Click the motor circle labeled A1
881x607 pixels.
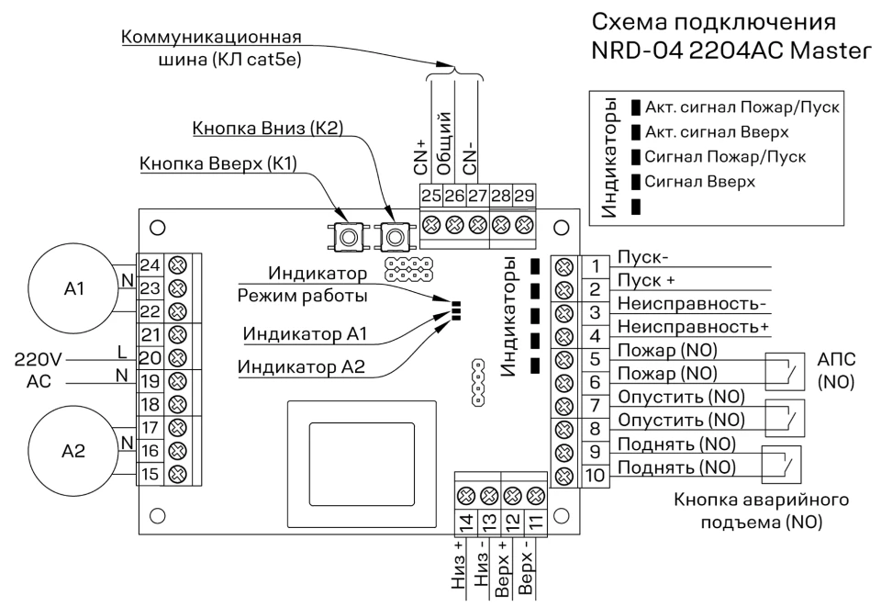tap(73, 288)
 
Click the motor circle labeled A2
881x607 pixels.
tap(73, 451)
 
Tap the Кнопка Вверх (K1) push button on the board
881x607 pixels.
tap(349, 236)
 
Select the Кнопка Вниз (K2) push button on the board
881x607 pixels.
tap(396, 236)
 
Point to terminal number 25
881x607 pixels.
tap(431, 196)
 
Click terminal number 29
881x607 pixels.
tap(524, 196)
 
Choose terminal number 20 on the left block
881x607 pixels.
tap(151, 357)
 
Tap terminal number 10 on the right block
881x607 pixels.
tap(595, 475)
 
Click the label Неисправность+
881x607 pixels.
tap(694, 327)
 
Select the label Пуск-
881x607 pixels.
tap(642, 257)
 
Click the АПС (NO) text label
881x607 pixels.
tap(836, 371)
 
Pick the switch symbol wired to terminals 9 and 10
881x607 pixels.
tap(781, 464)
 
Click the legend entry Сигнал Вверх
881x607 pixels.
tap(699, 182)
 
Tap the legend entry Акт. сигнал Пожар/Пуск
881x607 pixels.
tap(742, 107)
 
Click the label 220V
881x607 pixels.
tap(39, 358)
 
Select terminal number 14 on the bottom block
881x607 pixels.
tap(465, 522)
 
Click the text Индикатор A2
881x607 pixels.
tap(301, 366)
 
